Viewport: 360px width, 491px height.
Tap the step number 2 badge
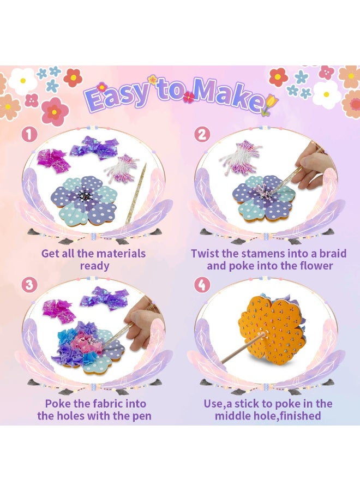(x=202, y=134)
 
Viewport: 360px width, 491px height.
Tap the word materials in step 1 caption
(x=119, y=254)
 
